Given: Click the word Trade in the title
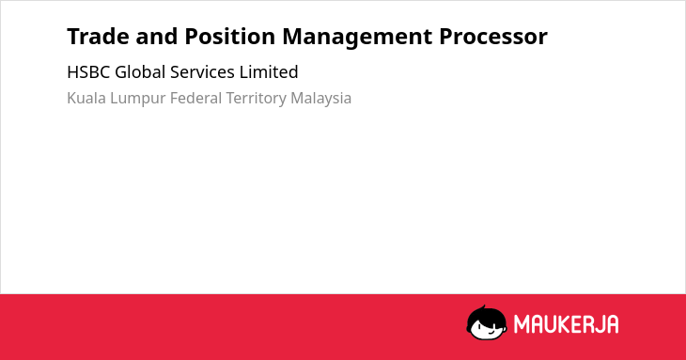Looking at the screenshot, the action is click(98, 37).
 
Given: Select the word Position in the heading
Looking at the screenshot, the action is click(229, 37).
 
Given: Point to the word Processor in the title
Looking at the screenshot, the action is click(493, 37).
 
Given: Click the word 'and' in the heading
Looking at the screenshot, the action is click(157, 37).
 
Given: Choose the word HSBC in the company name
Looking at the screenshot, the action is click(88, 72).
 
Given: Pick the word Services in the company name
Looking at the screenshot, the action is click(202, 72).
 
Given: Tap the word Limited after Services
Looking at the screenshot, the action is click(269, 72).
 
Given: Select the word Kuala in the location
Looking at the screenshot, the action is click(86, 98).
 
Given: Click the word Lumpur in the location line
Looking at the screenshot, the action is click(137, 99).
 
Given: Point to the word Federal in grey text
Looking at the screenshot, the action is click(195, 98).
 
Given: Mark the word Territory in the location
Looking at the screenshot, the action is click(256, 99).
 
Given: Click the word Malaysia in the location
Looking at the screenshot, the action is click(320, 99).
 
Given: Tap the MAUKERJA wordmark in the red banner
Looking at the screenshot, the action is click(566, 324).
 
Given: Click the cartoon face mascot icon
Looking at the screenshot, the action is click(487, 322).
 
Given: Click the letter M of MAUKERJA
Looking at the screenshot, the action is click(522, 324).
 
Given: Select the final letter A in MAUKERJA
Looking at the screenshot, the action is click(612, 324).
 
